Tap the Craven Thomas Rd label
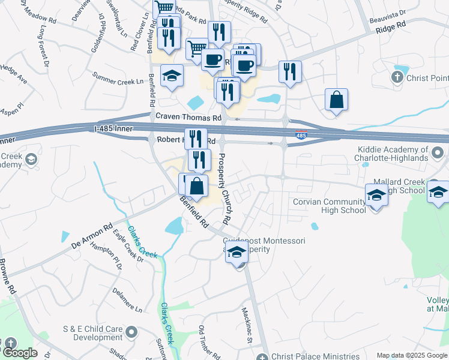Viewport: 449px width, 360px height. point(188,117)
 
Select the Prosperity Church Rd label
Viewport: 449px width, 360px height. point(224,185)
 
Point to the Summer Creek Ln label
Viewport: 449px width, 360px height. point(119,78)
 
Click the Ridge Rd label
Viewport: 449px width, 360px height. point(391,28)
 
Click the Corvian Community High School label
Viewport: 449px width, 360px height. point(328,206)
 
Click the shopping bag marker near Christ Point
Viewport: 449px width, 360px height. point(337,100)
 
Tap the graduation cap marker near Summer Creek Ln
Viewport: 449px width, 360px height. point(172,76)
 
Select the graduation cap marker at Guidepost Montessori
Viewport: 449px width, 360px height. point(237,253)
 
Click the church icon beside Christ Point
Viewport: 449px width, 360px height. point(397,77)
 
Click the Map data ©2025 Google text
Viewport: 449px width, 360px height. point(412,355)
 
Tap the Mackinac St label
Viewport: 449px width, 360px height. point(246,326)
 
